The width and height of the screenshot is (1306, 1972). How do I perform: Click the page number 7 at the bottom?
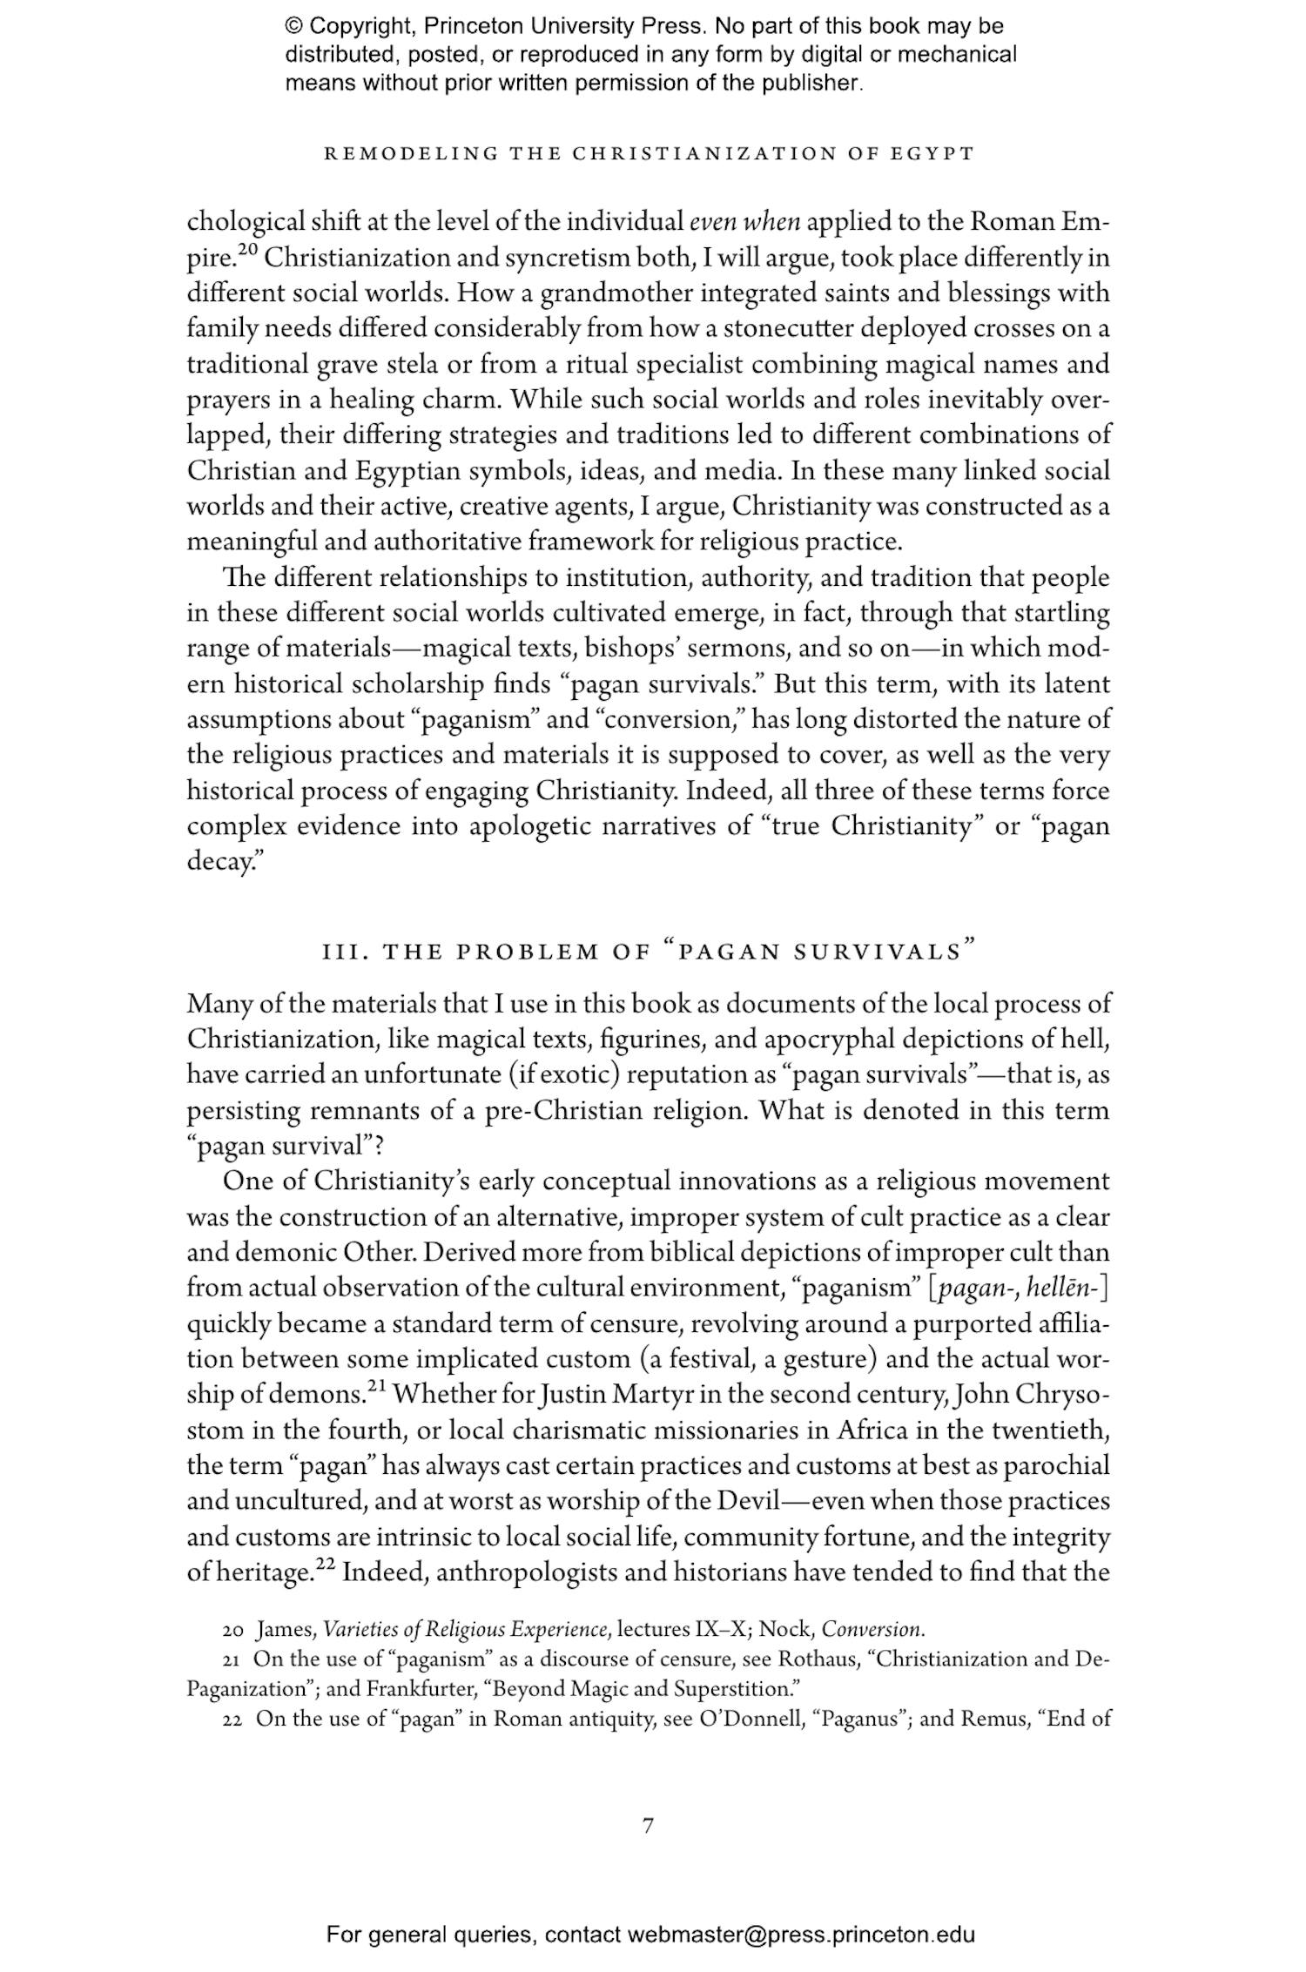click(647, 1826)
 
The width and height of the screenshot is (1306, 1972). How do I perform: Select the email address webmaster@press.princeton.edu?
click(800, 1935)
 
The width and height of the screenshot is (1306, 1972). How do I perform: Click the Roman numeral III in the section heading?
click(340, 952)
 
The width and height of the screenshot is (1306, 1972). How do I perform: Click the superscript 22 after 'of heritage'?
click(325, 1565)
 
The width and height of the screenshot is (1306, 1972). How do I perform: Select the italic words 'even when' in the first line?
click(744, 223)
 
